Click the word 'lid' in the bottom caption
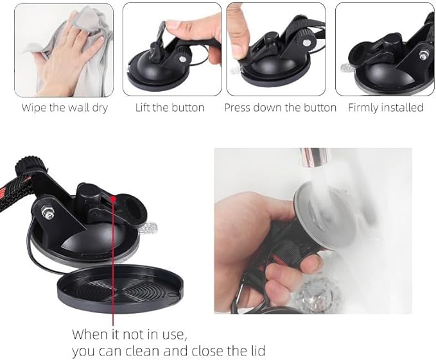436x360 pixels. click(257, 351)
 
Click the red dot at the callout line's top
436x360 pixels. click(113, 199)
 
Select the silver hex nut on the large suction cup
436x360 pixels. click(46, 212)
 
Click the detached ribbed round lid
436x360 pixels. click(120, 289)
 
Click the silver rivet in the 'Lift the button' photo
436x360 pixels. click(183, 59)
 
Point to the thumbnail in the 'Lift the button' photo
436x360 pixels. click(175, 24)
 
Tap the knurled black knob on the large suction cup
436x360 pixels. click(29, 166)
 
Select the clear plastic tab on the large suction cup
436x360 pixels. click(148, 228)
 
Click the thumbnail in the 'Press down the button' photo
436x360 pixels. click(238, 48)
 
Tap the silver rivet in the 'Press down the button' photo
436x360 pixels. click(306, 42)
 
